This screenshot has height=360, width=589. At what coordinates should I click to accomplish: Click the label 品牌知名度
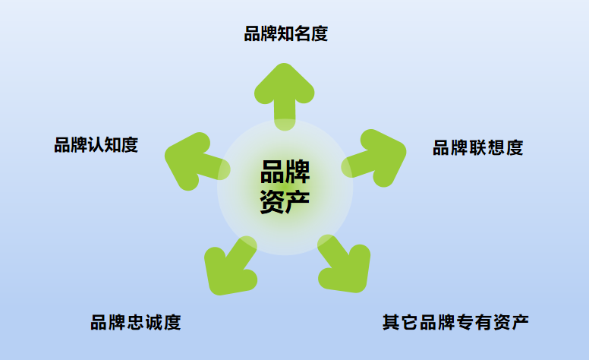click(285, 34)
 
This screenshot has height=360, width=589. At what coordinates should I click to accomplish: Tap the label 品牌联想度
click(477, 148)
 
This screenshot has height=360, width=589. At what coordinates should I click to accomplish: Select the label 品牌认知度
click(96, 145)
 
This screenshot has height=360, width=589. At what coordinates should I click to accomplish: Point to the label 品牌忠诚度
click(136, 322)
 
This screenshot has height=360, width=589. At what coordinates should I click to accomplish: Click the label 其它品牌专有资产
click(455, 322)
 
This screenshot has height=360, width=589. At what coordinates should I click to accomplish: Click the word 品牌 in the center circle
click(285, 172)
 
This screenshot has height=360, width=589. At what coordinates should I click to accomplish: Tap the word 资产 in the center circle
click(285, 201)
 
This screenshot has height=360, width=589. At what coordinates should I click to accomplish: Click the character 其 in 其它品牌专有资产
click(391, 322)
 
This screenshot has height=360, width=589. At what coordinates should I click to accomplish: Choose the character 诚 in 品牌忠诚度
click(154, 322)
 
